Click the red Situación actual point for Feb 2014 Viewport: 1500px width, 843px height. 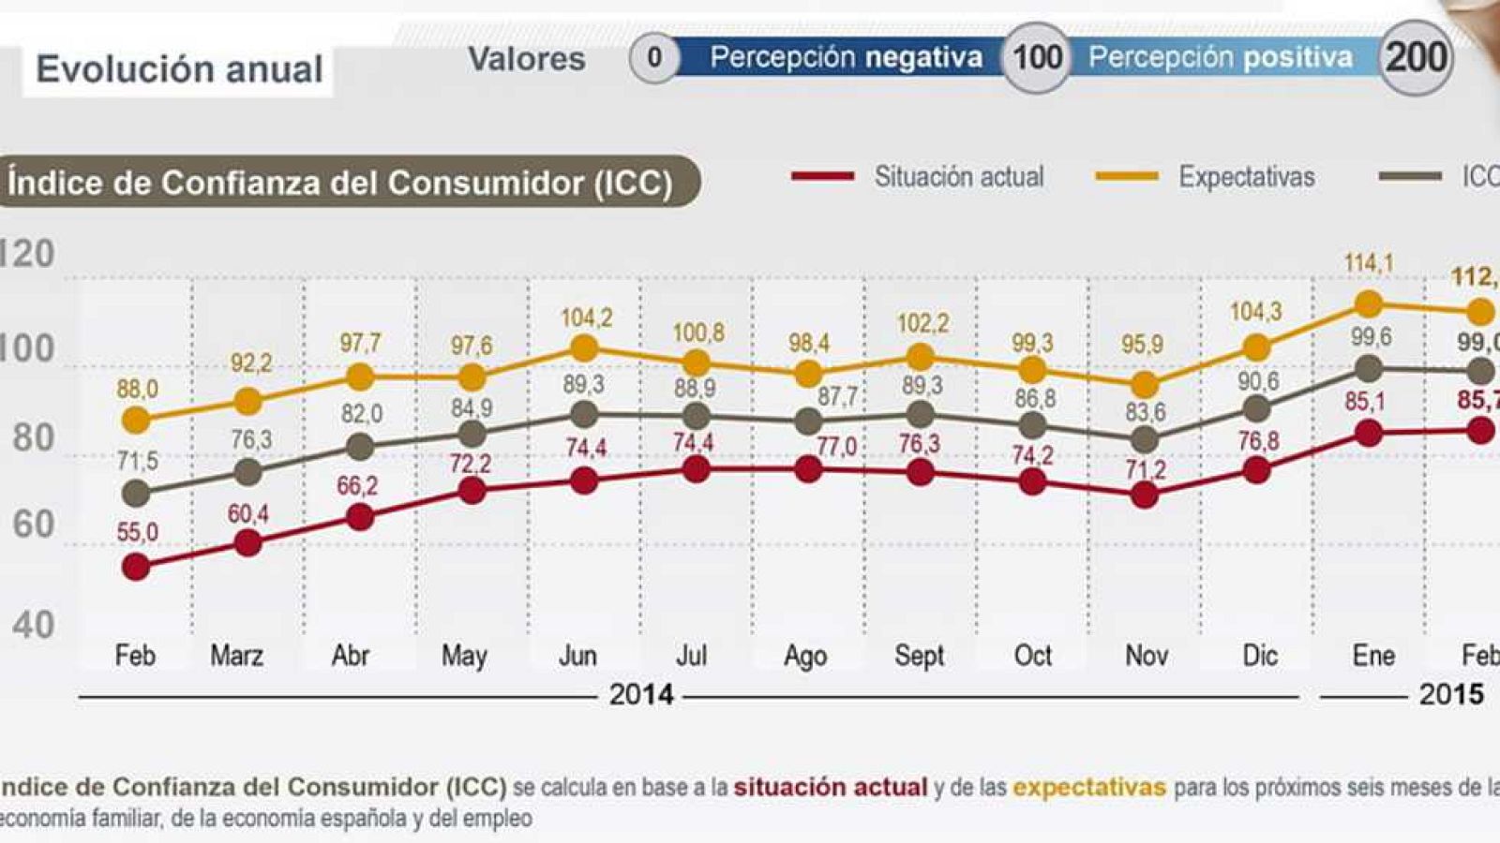click(136, 567)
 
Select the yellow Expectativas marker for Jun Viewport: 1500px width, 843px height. click(584, 349)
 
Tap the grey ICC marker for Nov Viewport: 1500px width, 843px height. click(1144, 439)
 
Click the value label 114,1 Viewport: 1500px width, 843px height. click(1368, 264)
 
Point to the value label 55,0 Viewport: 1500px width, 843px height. click(137, 533)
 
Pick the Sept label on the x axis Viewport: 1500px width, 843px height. click(919, 656)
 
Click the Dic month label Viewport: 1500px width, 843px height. click(1259, 656)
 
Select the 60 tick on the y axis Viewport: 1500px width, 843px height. click(34, 525)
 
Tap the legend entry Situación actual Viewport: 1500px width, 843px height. click(958, 177)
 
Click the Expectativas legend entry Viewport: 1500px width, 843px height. click(1246, 177)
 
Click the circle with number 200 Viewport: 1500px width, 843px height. click(1416, 57)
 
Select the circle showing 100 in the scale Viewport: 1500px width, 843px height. click(1037, 57)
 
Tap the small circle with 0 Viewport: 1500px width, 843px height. click(653, 58)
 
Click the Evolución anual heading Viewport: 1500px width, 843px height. click(179, 69)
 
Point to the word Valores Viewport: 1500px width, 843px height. click(526, 59)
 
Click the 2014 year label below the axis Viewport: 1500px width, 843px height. click(641, 695)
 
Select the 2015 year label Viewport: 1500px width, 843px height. click(1450, 695)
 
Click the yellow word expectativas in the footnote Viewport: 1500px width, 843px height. click(1088, 787)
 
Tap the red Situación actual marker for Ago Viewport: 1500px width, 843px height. click(808, 469)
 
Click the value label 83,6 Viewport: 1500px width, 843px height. click(1145, 411)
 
